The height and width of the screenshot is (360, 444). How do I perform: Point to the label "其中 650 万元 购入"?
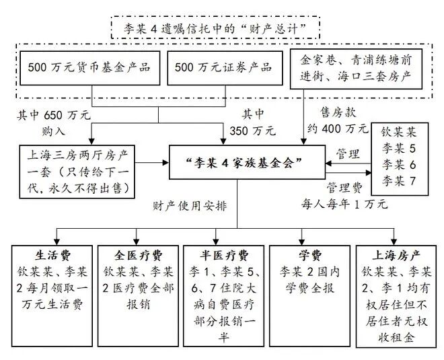[x=53, y=122]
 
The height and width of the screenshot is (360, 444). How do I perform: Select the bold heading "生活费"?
[x=52, y=256]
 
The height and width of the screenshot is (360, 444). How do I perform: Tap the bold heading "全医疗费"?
[x=137, y=256]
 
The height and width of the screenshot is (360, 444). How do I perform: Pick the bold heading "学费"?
[x=307, y=256]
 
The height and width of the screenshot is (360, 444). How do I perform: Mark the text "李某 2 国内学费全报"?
[x=307, y=280]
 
